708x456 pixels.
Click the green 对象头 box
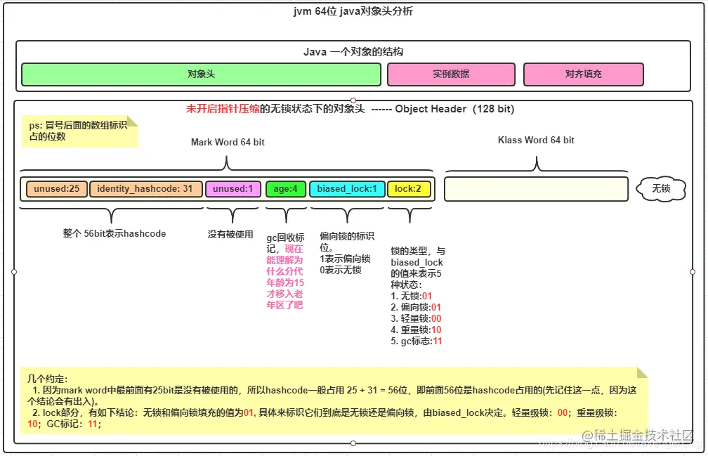[201, 74]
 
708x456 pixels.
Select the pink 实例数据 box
[451, 74]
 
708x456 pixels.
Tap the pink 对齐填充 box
[583, 74]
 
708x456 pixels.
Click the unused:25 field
[57, 189]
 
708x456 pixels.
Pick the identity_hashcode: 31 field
[145, 189]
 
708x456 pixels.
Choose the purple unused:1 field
[233, 189]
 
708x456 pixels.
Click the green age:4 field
[286, 189]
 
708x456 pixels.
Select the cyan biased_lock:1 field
[347, 189]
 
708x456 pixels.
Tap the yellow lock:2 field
[408, 189]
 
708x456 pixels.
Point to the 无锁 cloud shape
[661, 188]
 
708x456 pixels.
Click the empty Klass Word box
[536, 189]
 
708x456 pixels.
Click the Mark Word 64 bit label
[228, 142]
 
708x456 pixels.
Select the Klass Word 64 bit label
[536, 140]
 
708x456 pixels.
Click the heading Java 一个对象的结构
[353, 52]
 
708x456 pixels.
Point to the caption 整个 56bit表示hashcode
[113, 234]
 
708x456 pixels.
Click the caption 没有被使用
[230, 235]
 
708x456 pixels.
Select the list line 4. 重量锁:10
[416, 330]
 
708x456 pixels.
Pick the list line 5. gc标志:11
[417, 341]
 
